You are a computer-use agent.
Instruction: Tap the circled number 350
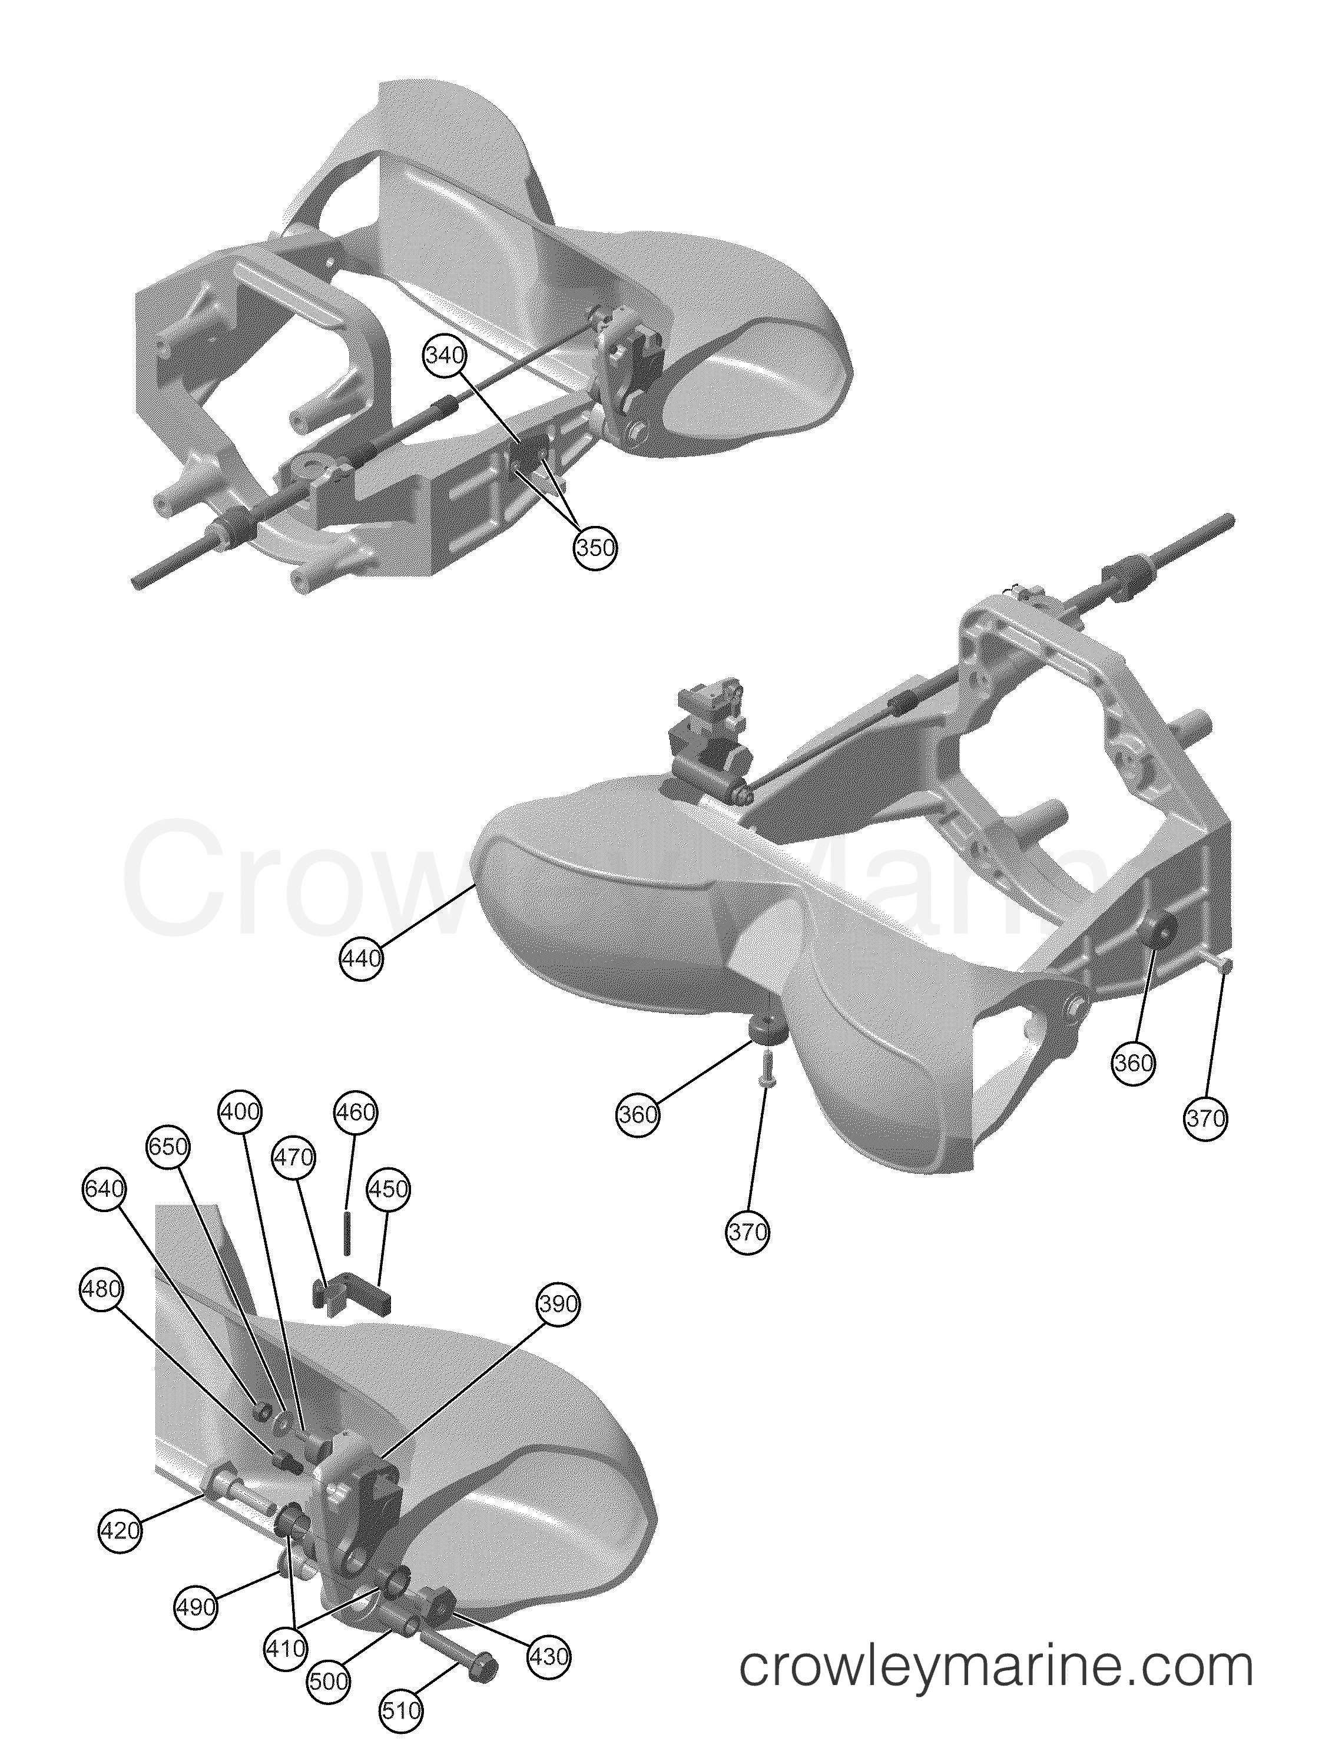595,547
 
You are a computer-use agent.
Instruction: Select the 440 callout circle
361,959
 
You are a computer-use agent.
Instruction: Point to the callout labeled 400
240,1112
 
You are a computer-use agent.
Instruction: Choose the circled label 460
356,1112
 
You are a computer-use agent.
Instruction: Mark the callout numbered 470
294,1157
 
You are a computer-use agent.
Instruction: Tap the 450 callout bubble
389,1189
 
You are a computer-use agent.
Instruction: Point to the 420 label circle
120,1530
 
